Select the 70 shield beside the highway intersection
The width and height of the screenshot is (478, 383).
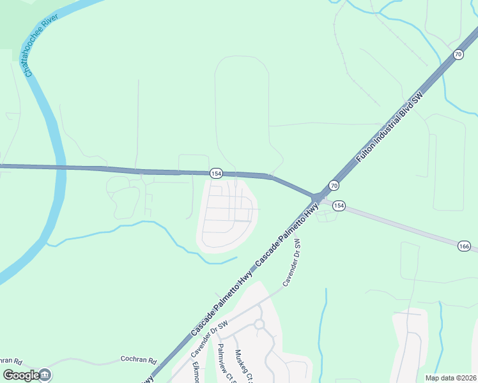(x=334, y=185)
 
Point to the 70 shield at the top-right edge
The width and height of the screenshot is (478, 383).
(x=458, y=55)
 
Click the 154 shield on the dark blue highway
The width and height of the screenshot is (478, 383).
(x=216, y=173)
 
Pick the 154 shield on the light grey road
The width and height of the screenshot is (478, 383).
(x=339, y=206)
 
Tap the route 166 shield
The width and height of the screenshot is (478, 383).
(x=465, y=246)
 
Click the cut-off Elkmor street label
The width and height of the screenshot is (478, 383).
(x=196, y=372)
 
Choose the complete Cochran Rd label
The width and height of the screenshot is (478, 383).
(x=139, y=360)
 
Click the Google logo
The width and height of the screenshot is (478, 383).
(x=21, y=375)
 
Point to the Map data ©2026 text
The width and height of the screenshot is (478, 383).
(x=451, y=378)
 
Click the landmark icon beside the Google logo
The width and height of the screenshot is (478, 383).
(x=46, y=375)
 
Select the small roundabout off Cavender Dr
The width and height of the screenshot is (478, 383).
(x=259, y=324)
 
